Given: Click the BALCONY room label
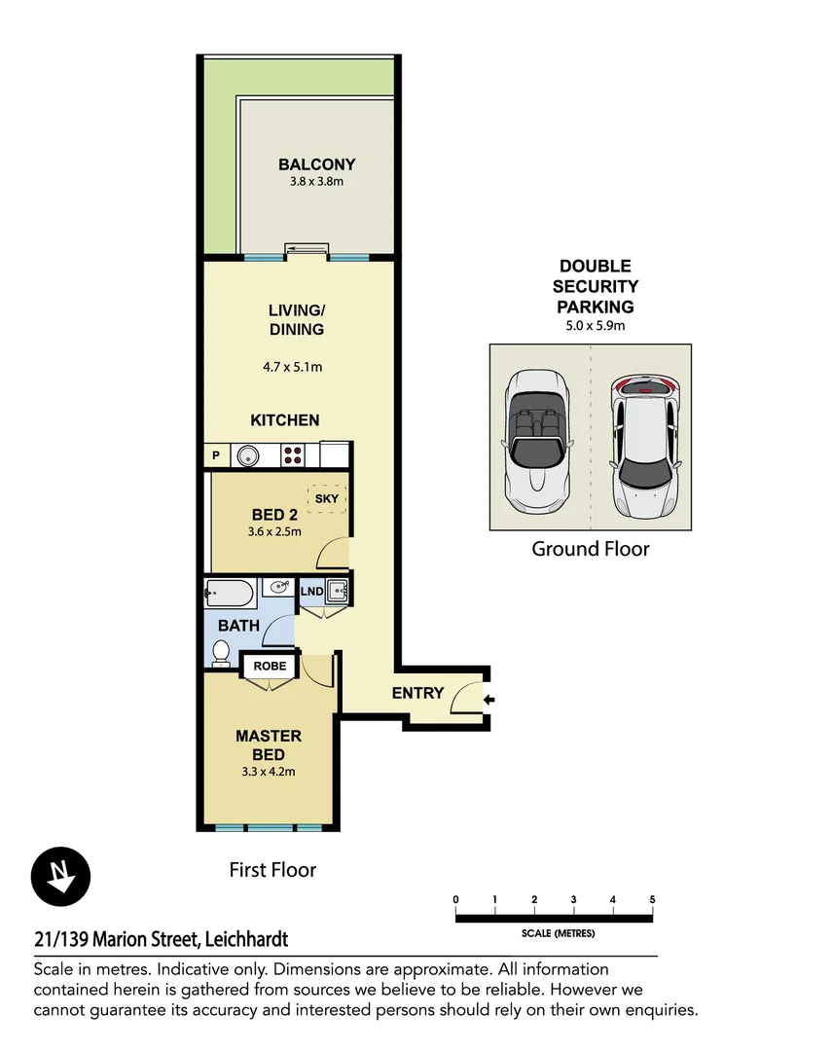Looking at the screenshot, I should point(316,164).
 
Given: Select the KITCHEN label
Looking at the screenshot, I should point(285,420).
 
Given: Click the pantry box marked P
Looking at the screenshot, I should point(215,454).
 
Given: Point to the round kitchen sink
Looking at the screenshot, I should point(248,454).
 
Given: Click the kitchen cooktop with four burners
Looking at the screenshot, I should point(294,454).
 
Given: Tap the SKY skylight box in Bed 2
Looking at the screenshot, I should point(325,499).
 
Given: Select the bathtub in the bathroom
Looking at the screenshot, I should point(231,591).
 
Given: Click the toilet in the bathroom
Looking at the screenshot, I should point(221,651).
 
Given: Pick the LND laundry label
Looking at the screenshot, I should point(311,591).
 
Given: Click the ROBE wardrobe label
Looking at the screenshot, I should point(270,667).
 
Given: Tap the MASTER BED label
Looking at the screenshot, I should point(269,745).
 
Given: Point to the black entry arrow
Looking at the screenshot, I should point(488,699).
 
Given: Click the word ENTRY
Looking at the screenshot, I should point(417,693).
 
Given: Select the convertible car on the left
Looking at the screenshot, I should point(538,443).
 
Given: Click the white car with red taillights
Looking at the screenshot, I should point(642,446).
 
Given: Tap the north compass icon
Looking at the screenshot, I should point(61,876).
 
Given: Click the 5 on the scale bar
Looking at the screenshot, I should point(652,899).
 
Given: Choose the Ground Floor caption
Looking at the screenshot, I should point(590,549).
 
